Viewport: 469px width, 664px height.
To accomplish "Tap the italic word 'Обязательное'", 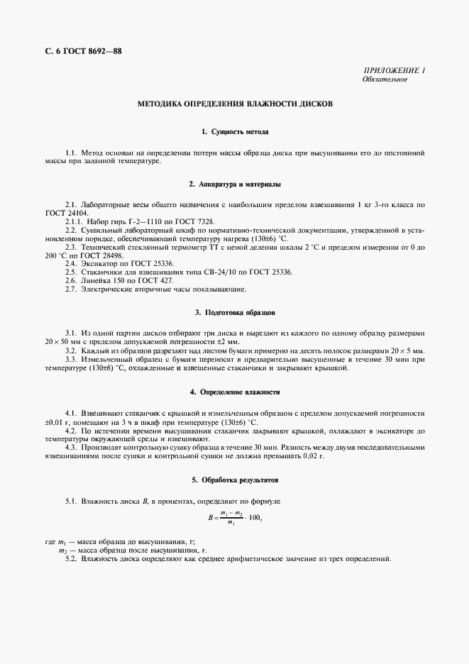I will pyautogui.click(x=384, y=79).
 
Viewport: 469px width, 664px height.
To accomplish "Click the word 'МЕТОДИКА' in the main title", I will pyautogui.click(x=164, y=104).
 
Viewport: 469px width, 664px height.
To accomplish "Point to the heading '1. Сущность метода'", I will pyautogui.click(x=234, y=132).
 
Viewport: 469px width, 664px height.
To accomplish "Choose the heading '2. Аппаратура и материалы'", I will pyautogui.click(x=234, y=184).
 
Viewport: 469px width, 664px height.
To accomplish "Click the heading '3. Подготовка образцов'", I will pyautogui.click(x=234, y=312).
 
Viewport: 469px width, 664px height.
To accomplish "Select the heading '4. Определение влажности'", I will pyautogui.click(x=234, y=392).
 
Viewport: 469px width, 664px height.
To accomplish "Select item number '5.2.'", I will pyautogui.click(x=71, y=560).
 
